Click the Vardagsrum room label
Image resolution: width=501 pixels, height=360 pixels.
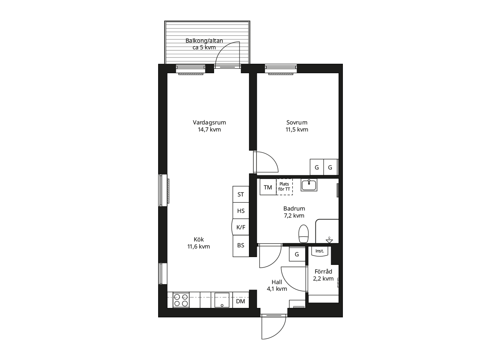(209, 126)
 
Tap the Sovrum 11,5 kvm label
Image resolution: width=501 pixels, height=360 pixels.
(297, 126)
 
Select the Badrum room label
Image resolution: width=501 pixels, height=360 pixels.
(294, 212)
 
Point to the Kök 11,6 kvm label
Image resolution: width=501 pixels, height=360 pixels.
(198, 243)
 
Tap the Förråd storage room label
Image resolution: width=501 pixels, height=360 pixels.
(323, 275)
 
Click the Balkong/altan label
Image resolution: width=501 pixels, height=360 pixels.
(204, 44)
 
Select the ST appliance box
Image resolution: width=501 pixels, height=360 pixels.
(241, 194)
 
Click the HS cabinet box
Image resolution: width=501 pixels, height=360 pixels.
(241, 211)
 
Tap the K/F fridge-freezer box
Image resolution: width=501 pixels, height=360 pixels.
(240, 227)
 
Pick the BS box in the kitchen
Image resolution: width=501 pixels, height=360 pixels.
(241, 245)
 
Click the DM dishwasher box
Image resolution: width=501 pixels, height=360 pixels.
(241, 301)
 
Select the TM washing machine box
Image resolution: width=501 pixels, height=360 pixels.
(268, 187)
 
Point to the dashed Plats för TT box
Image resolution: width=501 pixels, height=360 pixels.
(285, 187)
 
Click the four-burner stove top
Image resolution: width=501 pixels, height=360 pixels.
(181, 300)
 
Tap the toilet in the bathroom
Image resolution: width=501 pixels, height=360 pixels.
(304, 234)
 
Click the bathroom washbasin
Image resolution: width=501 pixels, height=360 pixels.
(309, 185)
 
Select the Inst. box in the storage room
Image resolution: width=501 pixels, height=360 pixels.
(319, 251)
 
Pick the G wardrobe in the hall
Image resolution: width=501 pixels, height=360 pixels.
(297, 254)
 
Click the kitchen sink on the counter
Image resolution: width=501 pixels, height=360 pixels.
(222, 300)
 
